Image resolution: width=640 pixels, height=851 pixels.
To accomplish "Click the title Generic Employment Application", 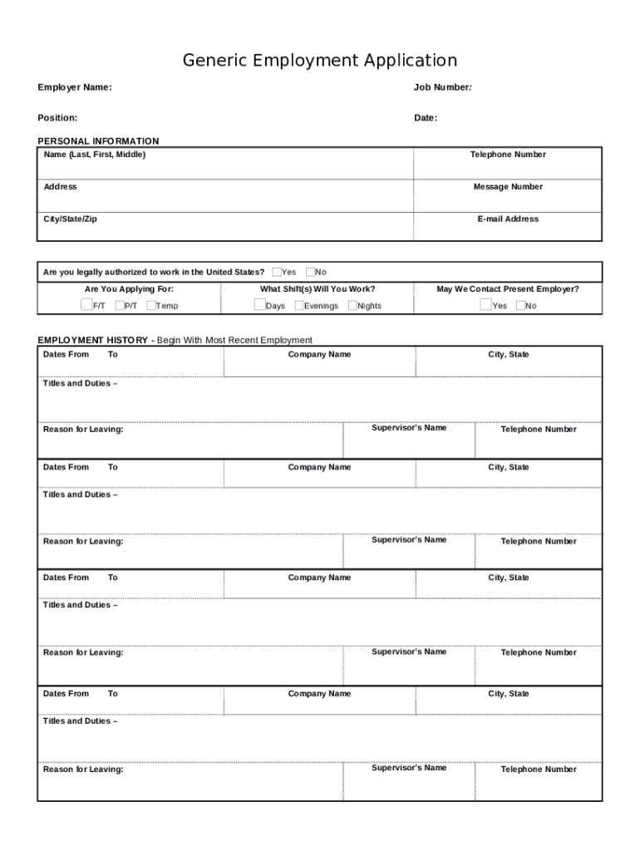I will (320, 61).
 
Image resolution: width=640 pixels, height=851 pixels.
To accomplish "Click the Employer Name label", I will (75, 88).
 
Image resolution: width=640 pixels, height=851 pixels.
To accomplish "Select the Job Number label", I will (443, 88).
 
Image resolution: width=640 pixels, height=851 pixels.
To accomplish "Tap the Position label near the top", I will (57, 118).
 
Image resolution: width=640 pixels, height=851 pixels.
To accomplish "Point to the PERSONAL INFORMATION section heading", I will (98, 141).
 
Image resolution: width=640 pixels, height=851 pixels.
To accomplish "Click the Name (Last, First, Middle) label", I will (94, 155).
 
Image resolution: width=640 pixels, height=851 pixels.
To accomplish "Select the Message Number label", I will (508, 187).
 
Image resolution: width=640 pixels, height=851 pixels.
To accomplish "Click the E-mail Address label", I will (508, 219).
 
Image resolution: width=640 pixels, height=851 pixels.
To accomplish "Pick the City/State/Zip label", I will (70, 219).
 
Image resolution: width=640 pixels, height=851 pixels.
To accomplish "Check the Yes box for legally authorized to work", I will (277, 272).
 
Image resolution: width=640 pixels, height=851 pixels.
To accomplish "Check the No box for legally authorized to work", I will (310, 272).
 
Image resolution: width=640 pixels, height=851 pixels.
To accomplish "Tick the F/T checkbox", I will (86, 305).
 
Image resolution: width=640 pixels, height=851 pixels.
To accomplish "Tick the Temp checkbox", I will (151, 305).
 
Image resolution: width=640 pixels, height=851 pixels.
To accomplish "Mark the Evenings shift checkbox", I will (299, 305).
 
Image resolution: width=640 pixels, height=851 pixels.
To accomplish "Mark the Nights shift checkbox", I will (352, 305).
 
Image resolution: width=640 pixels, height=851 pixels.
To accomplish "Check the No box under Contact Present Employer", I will (520, 305).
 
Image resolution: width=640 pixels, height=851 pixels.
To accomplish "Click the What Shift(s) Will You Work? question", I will (318, 289).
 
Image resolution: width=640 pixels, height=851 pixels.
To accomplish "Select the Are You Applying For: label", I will (129, 289).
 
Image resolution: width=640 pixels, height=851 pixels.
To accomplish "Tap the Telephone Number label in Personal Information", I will (508, 155).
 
